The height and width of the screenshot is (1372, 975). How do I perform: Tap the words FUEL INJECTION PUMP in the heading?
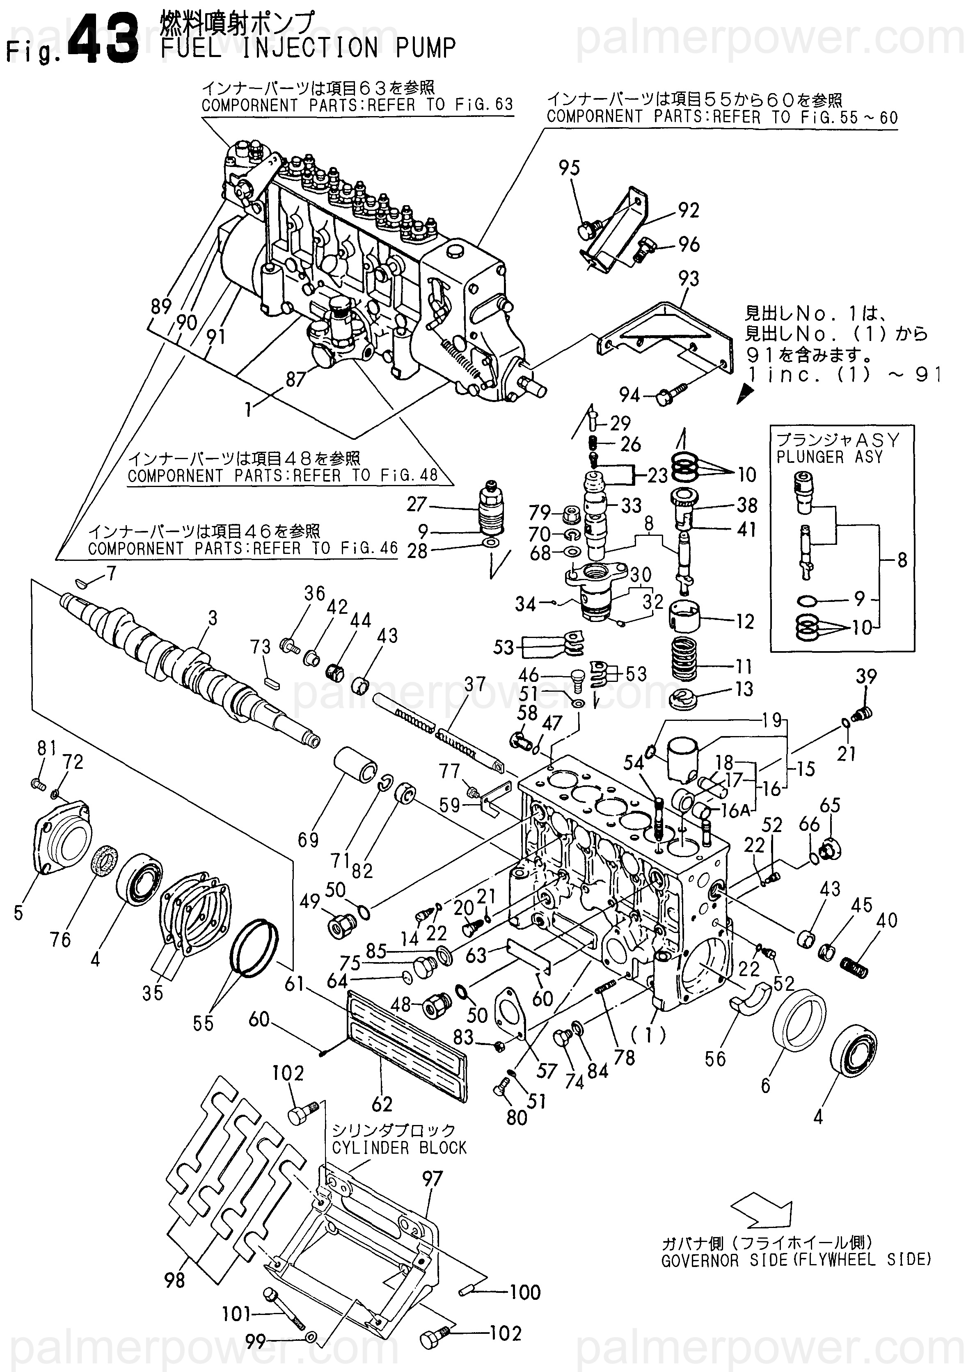tap(309, 48)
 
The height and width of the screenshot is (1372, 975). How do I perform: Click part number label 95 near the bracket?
tap(569, 167)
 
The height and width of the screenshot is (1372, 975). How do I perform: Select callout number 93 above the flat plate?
tap(689, 279)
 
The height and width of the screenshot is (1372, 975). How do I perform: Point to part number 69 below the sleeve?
tap(309, 839)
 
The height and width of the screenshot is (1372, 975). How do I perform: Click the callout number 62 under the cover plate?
tap(382, 1103)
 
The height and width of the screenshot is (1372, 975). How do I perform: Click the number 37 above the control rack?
tap(475, 684)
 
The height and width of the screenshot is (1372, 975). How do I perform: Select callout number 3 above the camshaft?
tap(213, 617)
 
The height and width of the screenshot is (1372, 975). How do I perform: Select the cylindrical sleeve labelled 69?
tap(356, 765)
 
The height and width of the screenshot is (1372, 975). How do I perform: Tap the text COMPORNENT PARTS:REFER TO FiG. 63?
tap(357, 105)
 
